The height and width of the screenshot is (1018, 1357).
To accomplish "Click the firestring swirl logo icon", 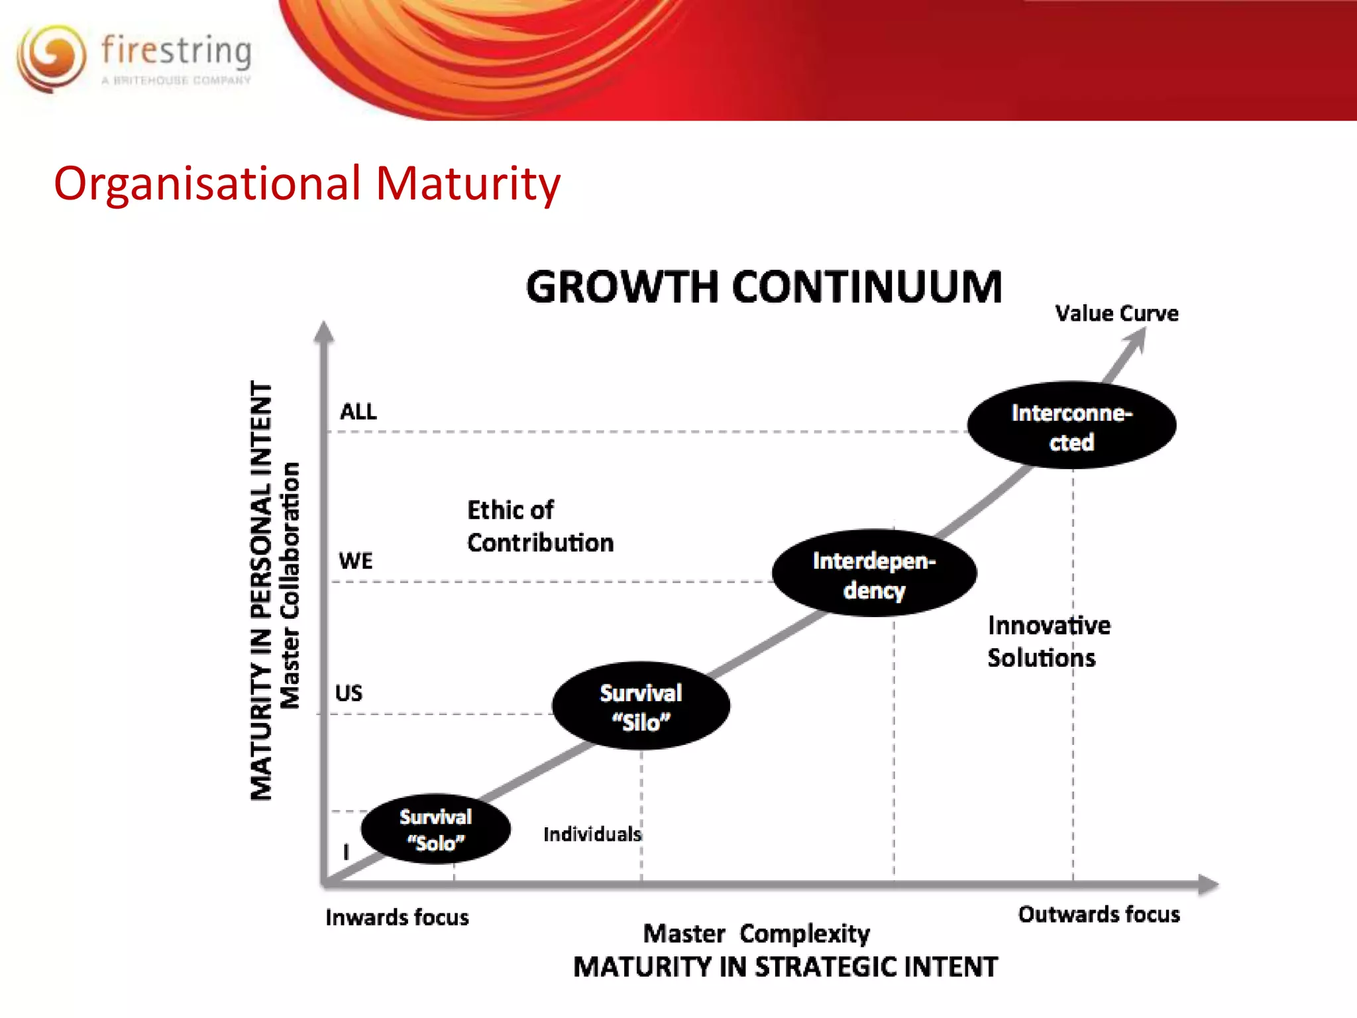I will coord(51,58).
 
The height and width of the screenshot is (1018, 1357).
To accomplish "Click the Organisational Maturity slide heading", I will coord(307,184).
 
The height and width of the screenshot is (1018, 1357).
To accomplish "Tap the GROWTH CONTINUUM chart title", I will coord(763,288).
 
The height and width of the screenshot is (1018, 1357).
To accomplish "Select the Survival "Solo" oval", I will coord(435,829).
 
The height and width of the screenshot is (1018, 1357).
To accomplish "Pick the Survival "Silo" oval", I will coord(641,707).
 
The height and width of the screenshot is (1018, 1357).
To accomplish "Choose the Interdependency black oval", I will coord(874,574).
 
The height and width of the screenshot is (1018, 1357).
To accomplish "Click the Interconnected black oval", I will coord(1071,426).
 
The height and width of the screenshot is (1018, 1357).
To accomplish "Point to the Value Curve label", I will coord(1116,313).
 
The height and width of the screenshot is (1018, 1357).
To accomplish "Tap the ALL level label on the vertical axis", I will coord(358,412).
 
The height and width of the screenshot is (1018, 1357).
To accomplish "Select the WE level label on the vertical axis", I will coord(356,561).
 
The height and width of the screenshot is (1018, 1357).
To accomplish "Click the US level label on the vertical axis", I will coord(349,693).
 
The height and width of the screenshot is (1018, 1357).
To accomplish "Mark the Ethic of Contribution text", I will coord(540,527).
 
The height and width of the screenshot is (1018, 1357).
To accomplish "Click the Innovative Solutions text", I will coord(1048,642).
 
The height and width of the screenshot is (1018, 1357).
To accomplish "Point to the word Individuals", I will coord(592,834).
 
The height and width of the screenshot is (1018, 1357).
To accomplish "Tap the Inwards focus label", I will coord(397,918).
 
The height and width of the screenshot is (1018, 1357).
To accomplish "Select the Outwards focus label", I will coord(1099,915).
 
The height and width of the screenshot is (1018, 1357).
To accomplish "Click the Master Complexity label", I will coord(756,934).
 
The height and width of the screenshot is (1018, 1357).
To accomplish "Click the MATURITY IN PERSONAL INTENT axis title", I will coord(261,591).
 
